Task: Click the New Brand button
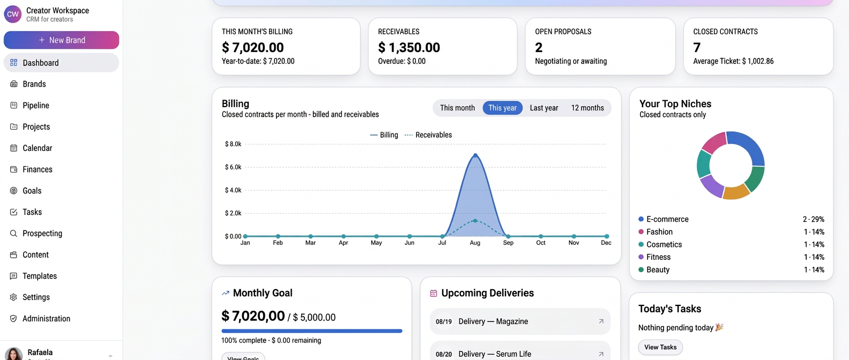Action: (x=62, y=40)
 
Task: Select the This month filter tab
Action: (x=457, y=108)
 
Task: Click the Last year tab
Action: (x=544, y=108)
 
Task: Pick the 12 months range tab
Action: (x=587, y=108)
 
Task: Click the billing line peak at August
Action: (x=475, y=155)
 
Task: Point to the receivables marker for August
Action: (x=475, y=221)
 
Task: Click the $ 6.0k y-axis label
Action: (x=233, y=167)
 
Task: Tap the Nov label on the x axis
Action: (x=574, y=243)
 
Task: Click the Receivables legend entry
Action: (x=428, y=135)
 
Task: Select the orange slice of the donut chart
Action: (x=736, y=192)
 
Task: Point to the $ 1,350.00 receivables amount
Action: (x=409, y=47)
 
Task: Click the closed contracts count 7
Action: (x=697, y=47)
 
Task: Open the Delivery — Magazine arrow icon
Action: (x=601, y=321)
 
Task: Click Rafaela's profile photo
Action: (x=13, y=354)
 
